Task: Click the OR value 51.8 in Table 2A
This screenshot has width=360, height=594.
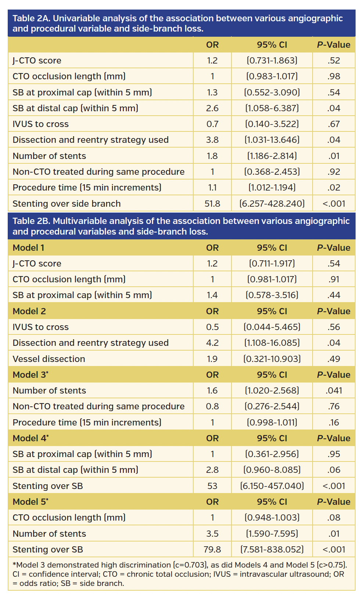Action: [212, 204]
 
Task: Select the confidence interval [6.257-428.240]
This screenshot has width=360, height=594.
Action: [272, 204]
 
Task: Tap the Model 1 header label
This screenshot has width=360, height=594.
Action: [28, 248]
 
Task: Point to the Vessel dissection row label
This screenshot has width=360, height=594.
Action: [48, 359]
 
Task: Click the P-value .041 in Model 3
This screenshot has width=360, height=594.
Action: [334, 391]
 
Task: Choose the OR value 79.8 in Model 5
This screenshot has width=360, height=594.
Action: [212, 550]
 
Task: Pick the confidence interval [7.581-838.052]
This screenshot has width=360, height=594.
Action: [272, 550]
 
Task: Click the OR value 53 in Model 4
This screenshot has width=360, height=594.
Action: [212, 486]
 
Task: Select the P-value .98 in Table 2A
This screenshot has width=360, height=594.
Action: [334, 76]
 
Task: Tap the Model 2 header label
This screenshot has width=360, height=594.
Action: [29, 311]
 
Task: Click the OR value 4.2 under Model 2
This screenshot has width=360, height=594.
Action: [212, 343]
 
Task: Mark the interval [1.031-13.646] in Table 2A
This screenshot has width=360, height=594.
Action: [272, 140]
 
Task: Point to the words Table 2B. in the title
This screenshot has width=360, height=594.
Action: [31, 221]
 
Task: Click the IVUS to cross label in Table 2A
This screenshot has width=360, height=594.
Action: [40, 124]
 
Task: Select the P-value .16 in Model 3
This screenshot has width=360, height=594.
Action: [334, 423]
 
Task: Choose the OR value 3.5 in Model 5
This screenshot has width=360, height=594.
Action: [212, 534]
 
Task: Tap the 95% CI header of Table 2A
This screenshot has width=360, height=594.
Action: [272, 45]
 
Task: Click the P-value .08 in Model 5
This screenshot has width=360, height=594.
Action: [334, 518]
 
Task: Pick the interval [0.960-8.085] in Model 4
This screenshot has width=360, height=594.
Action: [272, 470]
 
